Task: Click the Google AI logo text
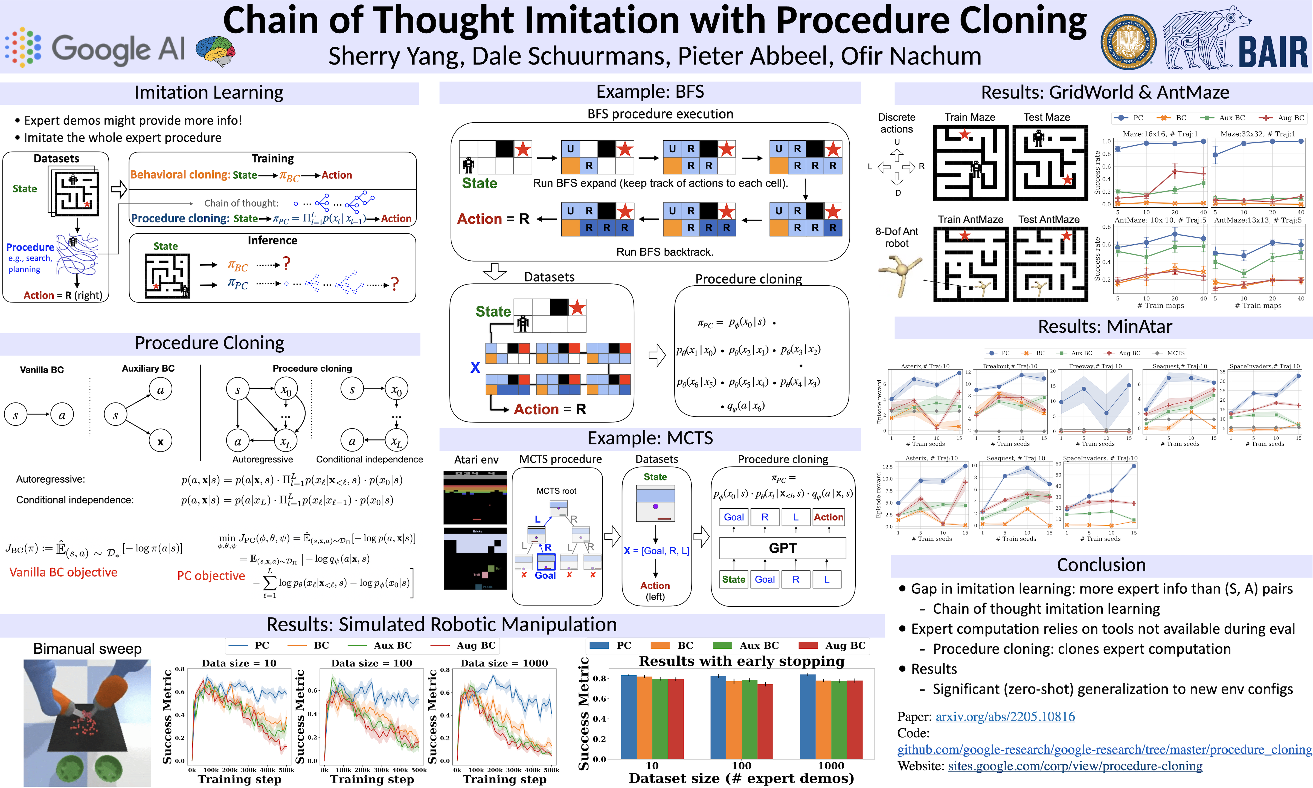(118, 49)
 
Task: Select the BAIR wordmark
(1273, 52)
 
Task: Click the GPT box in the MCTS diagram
(782, 548)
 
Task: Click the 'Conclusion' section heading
(1101, 565)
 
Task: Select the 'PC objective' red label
(211, 576)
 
